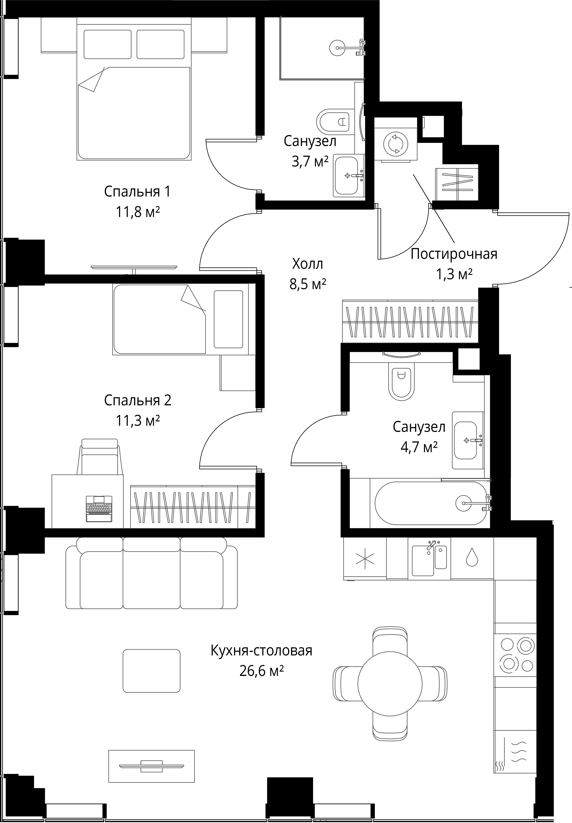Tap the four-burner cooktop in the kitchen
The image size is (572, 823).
[515, 655]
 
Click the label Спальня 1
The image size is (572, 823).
[137, 192]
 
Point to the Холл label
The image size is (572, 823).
[308, 264]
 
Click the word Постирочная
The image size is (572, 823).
[454, 254]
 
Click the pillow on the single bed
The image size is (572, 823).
[228, 319]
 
